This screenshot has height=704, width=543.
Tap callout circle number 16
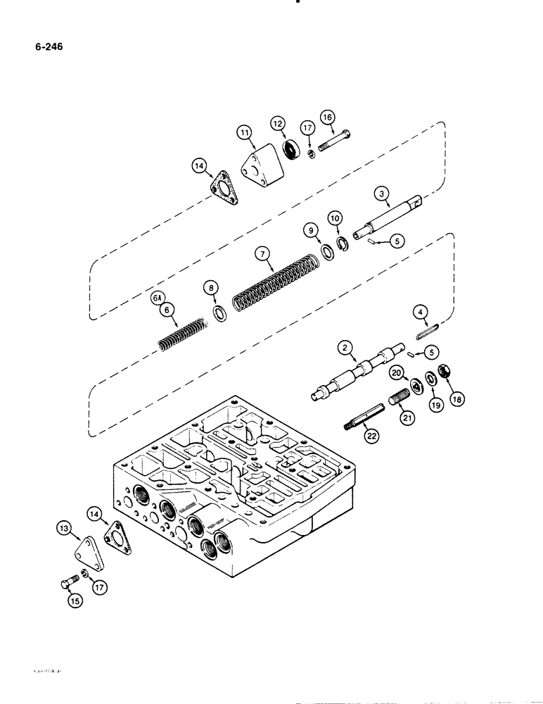pyautogui.click(x=328, y=117)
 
